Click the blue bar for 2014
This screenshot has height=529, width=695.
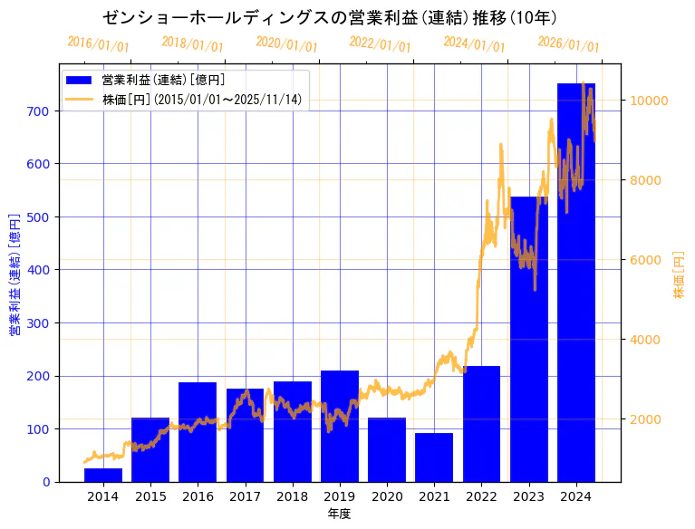click(x=103, y=475)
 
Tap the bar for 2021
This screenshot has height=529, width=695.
click(x=434, y=457)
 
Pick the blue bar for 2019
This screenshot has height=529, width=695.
click(x=340, y=426)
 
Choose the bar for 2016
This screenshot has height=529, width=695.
click(x=198, y=432)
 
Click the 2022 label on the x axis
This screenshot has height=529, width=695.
click(x=481, y=496)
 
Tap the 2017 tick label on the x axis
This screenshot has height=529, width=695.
click(x=245, y=496)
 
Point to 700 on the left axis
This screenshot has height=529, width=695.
click(x=40, y=111)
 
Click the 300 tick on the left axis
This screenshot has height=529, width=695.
click(x=40, y=323)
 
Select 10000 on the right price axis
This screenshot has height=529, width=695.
click(x=651, y=101)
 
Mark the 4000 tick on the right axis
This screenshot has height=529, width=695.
click(x=647, y=340)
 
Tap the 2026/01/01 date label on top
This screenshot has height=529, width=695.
click(x=569, y=44)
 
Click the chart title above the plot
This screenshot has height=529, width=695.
click(x=330, y=17)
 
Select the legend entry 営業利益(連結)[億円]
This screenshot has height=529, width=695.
click(x=163, y=81)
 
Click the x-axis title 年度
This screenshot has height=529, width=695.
click(x=340, y=514)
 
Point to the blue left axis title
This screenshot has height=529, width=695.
click(x=14, y=274)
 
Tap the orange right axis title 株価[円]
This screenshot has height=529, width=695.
click(x=680, y=274)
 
